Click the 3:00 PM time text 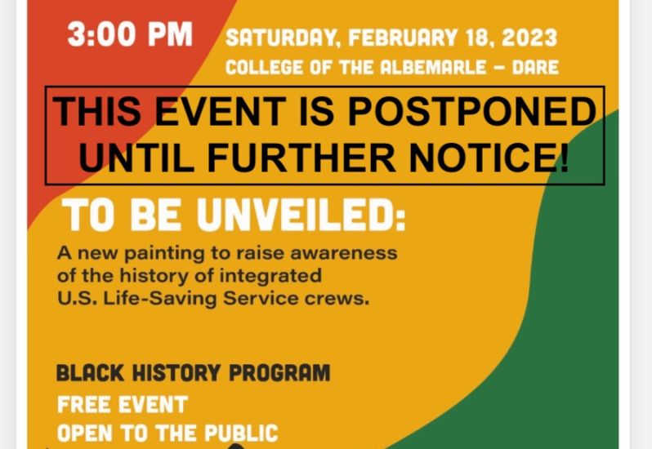(130, 34)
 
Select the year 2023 (529, 38)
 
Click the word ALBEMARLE (433, 67)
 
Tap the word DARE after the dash (535, 67)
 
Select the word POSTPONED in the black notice (471, 111)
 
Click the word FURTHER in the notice (301, 158)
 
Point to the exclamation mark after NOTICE (563, 157)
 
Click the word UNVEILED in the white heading (301, 215)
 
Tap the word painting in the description (165, 253)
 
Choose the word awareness (343, 253)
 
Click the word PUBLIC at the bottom (241, 433)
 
